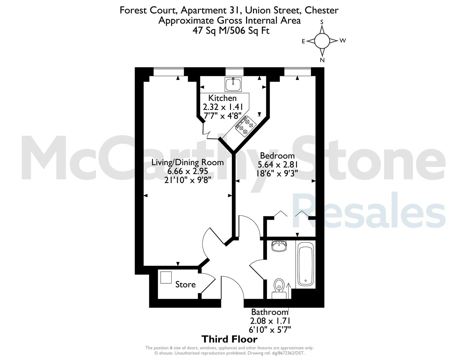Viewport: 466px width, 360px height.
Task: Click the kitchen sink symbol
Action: tap(233, 84)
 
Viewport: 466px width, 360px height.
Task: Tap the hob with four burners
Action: tap(246, 126)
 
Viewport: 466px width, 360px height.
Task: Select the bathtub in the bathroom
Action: tap(306, 264)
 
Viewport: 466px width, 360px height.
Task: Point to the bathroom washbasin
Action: tap(279, 246)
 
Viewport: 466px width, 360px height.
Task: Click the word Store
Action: tap(185, 285)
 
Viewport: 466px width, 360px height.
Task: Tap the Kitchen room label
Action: tap(222, 98)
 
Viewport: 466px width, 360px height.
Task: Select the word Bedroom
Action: tap(277, 155)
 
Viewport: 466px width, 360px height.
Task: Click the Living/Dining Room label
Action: tap(187, 162)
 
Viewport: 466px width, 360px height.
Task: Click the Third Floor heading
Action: tap(229, 339)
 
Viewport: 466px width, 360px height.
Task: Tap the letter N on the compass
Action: tap(322, 60)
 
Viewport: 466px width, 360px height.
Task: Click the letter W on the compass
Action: tap(343, 40)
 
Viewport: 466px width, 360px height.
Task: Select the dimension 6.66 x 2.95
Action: tap(188, 171)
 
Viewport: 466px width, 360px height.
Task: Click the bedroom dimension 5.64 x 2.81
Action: tap(278, 165)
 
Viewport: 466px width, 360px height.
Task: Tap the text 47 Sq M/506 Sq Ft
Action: tap(231, 30)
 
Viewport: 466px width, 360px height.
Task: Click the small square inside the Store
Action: tap(166, 277)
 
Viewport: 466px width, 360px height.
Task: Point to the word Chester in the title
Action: tap(321, 10)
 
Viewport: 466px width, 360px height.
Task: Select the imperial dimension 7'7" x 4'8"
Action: tap(223, 116)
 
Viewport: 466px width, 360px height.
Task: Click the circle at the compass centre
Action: tap(322, 41)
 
